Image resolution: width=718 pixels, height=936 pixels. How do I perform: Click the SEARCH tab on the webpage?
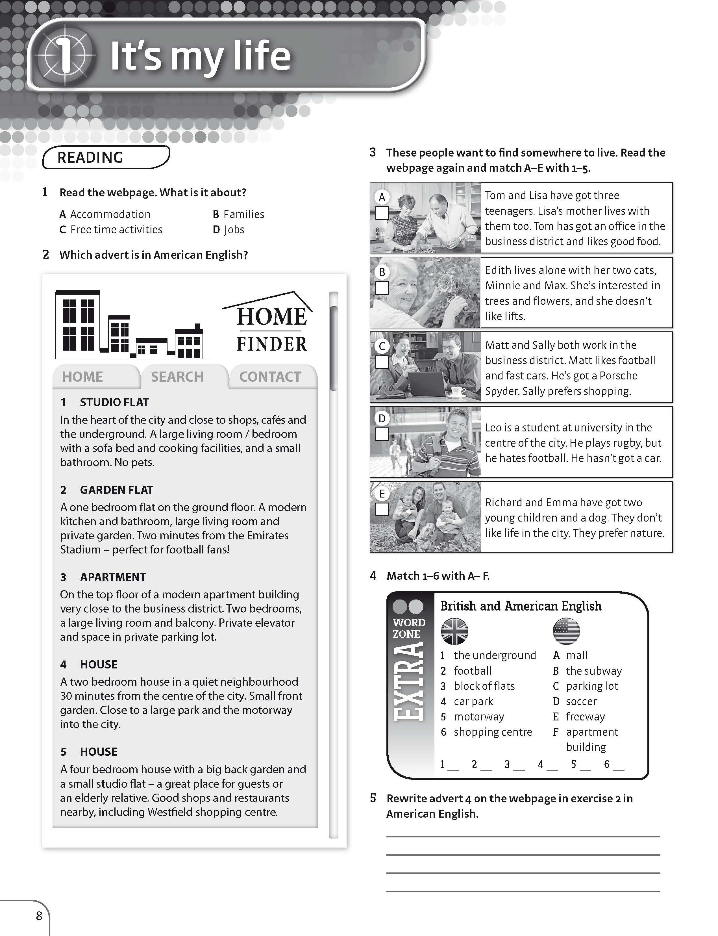(x=177, y=377)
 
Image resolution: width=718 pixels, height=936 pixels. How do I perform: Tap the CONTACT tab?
(x=270, y=377)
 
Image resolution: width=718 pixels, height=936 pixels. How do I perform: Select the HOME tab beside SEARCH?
(x=82, y=377)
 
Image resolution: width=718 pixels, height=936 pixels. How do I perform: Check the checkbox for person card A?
(x=382, y=213)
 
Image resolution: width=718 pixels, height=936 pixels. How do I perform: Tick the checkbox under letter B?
(x=382, y=288)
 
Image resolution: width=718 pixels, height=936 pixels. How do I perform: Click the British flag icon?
(x=454, y=631)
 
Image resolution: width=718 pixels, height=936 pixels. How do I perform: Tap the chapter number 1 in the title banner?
(x=64, y=56)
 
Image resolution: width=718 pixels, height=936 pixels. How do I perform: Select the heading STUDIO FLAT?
(x=114, y=402)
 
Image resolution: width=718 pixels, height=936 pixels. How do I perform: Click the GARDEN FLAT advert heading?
(x=116, y=490)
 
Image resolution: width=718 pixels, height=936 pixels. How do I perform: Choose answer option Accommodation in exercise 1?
(x=110, y=214)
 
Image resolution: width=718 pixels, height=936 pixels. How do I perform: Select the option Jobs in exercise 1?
(x=234, y=229)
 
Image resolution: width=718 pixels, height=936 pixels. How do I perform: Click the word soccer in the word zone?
(x=581, y=701)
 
